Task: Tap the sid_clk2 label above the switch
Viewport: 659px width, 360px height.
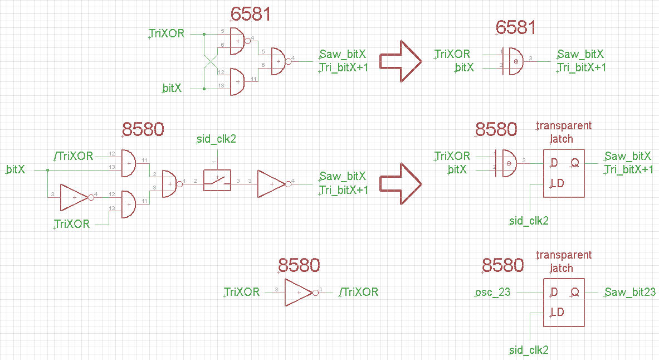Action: (217, 139)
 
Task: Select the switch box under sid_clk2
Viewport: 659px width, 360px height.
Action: (217, 180)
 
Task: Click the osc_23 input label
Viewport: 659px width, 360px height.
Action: (493, 292)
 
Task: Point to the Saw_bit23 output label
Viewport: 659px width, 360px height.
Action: (630, 292)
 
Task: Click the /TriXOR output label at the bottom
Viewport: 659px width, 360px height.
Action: (359, 292)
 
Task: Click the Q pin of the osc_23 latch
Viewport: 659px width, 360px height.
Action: (574, 292)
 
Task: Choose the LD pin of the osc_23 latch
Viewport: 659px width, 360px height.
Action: (557, 312)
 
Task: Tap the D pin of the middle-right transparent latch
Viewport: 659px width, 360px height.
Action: (554, 163)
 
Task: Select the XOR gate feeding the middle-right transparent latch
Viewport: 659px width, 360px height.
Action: (509, 163)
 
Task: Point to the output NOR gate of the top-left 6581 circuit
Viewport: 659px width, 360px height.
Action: (279, 61)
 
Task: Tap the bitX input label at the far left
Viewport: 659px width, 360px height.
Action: (16, 169)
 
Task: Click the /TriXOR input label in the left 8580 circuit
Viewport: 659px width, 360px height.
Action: (74, 156)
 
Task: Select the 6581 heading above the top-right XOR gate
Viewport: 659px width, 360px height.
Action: (515, 27)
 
